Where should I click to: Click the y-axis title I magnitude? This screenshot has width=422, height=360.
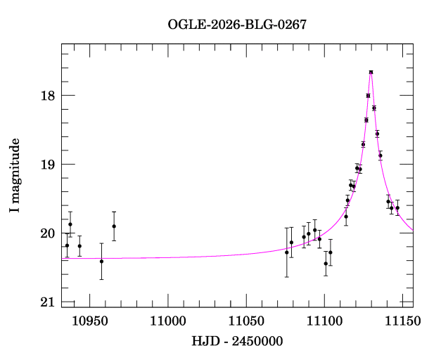[x=15, y=176]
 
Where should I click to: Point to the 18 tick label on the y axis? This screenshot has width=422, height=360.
[x=48, y=96]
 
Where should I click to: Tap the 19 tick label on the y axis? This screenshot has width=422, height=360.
[x=48, y=165]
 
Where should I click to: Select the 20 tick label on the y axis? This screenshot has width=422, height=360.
[x=48, y=233]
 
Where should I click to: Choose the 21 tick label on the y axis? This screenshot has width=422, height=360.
[x=48, y=302]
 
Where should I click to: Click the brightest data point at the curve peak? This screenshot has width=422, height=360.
[x=371, y=72]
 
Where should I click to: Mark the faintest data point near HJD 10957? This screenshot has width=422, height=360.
[x=101, y=261]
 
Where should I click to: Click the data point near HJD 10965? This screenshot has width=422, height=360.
[x=114, y=226]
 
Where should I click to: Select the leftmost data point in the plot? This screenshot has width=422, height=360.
[x=67, y=245]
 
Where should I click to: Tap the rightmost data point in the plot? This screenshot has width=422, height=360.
[x=397, y=208]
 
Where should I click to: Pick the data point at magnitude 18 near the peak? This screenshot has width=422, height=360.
[x=368, y=96]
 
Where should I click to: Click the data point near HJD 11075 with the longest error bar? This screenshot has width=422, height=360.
[x=287, y=252]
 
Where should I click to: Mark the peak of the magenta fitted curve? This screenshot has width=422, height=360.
[x=371, y=71]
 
